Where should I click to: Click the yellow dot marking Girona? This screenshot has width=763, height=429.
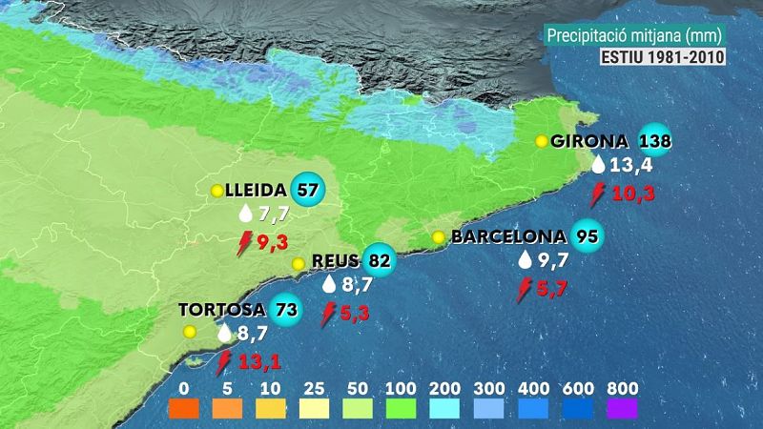coord(541,141)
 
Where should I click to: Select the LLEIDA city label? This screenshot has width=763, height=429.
coord(258,190)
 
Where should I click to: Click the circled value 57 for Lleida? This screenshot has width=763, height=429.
coord(308,190)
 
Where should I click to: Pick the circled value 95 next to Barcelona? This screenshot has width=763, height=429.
coord(587,236)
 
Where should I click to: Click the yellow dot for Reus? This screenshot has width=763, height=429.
coord(299,263)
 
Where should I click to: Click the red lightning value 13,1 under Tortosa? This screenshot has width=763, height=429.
coord(258,361)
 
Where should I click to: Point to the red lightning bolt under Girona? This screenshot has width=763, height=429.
coord(598,194)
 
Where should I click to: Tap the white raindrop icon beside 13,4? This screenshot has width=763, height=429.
coord(598,166)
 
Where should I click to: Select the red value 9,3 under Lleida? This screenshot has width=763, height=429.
coord(272,242)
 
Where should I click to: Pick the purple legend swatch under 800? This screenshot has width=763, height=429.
coord(621,409)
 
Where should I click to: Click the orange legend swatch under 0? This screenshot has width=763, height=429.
coord(185,409)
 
